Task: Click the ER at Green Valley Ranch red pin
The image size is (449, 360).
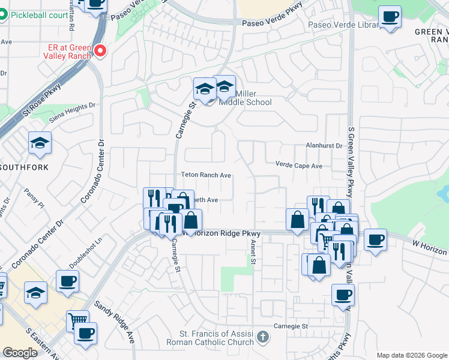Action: pyautogui.click(x=100, y=52)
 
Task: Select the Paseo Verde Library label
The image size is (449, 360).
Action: pyautogui.click(x=344, y=25)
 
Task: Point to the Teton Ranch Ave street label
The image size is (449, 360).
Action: pyautogui.click(x=206, y=175)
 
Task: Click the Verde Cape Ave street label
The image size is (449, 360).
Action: pyautogui.click(x=299, y=165)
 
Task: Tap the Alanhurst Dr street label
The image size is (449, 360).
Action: pyautogui.click(x=324, y=145)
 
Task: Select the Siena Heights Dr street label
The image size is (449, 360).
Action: pyautogui.click(x=72, y=112)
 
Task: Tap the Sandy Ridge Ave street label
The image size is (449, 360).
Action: pyautogui.click(x=114, y=323)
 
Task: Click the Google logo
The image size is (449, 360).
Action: pyautogui.click(x=20, y=353)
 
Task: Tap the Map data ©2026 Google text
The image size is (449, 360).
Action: pyautogui.click(x=411, y=355)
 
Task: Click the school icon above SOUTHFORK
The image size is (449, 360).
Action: pyautogui.click(x=40, y=143)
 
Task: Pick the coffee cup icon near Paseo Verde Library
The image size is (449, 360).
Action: pyautogui.click(x=390, y=16)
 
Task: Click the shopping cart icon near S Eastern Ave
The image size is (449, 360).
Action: pyautogui.click(x=77, y=321)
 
